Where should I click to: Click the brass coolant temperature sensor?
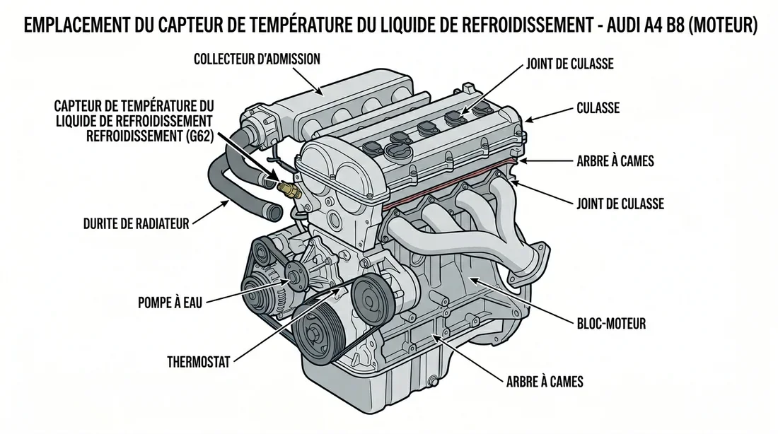[289, 189]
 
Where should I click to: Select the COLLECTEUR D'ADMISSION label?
[256, 60]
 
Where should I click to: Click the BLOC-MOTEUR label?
[610, 324]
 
